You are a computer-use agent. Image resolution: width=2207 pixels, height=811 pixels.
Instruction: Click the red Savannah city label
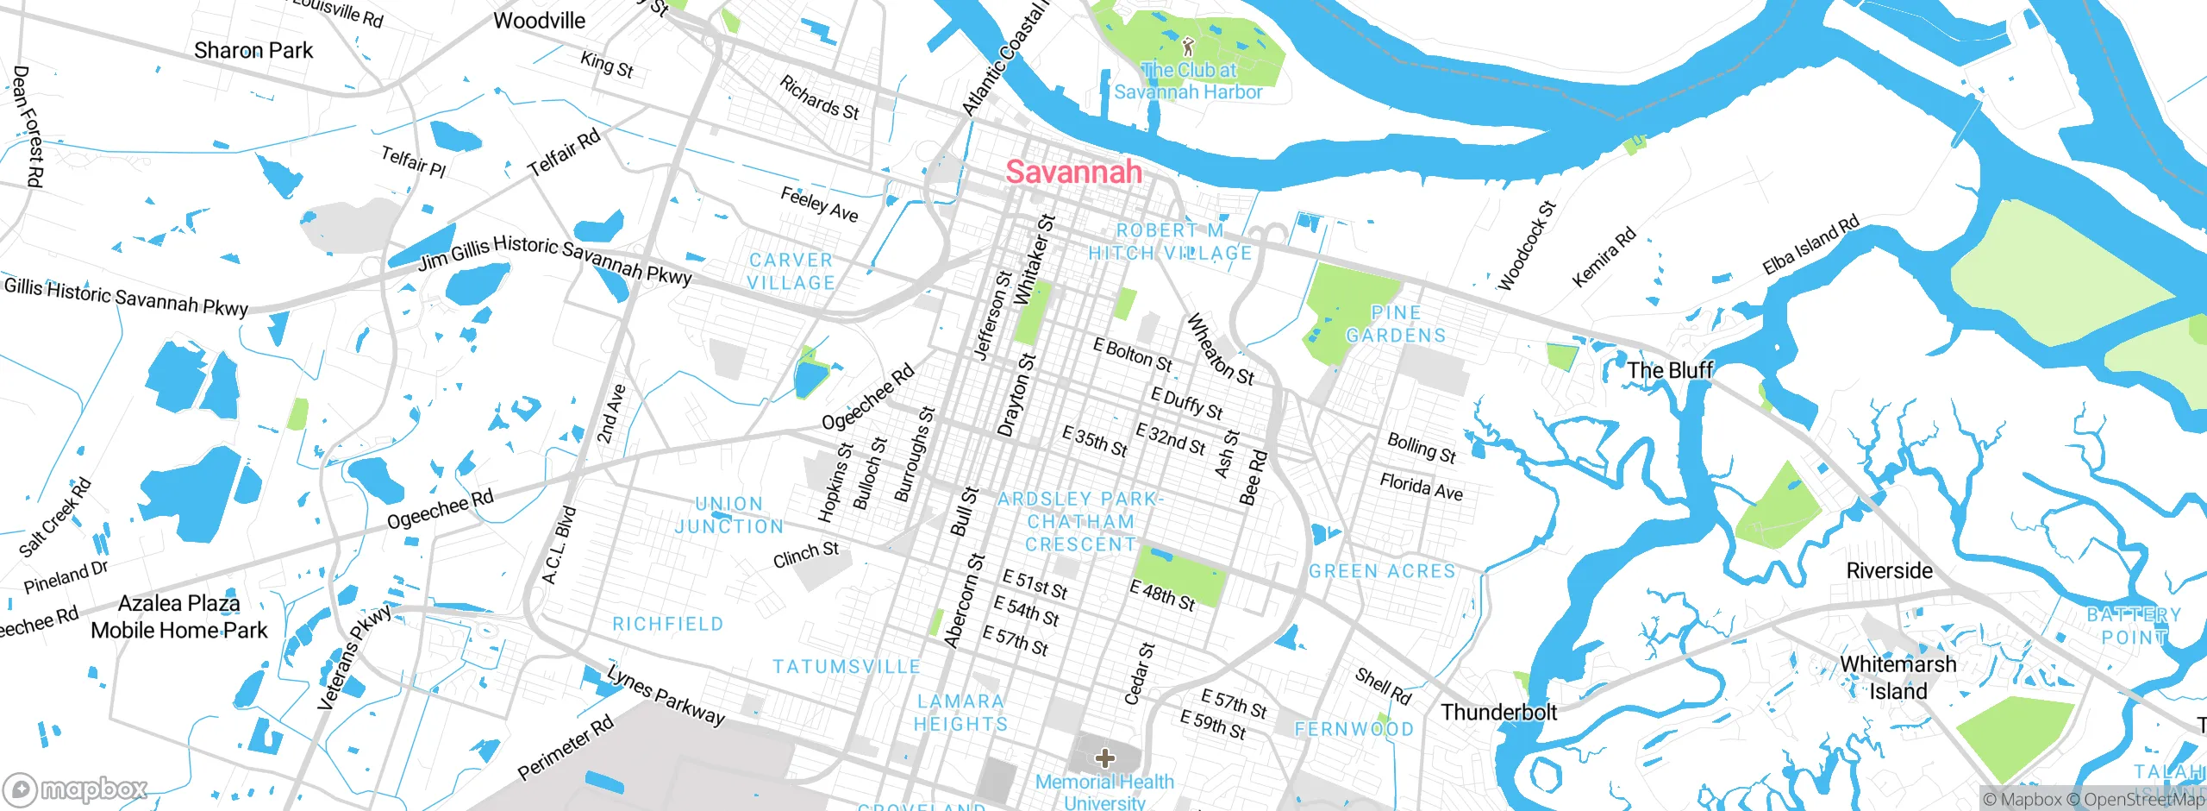1073,172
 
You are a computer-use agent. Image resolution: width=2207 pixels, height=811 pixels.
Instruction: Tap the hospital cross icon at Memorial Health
1104,758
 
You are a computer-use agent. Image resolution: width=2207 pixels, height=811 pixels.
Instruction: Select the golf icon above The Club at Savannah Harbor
1188,46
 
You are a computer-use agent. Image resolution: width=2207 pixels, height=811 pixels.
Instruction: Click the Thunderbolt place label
1498,712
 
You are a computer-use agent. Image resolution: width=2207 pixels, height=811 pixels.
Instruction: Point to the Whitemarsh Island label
1898,677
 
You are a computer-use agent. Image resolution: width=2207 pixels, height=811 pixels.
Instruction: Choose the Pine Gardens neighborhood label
1396,324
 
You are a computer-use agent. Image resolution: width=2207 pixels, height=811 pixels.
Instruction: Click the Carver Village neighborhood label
791,271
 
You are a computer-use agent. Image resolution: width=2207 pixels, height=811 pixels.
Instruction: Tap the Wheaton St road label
1220,349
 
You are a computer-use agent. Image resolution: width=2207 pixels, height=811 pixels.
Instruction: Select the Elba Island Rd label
1810,246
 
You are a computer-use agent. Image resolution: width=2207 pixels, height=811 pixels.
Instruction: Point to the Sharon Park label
253,50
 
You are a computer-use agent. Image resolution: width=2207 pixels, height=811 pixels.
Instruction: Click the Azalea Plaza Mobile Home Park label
179,616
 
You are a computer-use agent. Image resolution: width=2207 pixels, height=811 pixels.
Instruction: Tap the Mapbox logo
76,789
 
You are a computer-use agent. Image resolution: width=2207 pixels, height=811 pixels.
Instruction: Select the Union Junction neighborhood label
729,514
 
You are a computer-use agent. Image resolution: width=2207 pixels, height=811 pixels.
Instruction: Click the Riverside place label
1889,570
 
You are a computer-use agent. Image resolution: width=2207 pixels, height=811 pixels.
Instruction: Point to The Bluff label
1669,370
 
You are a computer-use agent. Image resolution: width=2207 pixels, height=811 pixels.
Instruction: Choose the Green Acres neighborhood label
1382,571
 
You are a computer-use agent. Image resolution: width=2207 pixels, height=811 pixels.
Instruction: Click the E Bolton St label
1132,355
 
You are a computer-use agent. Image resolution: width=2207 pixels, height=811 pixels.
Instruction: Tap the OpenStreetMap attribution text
2141,800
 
